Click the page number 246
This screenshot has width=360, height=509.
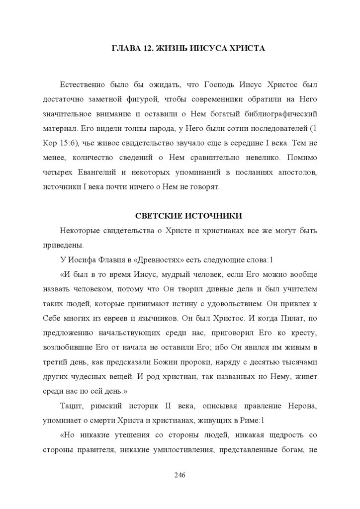[x=180, y=475]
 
